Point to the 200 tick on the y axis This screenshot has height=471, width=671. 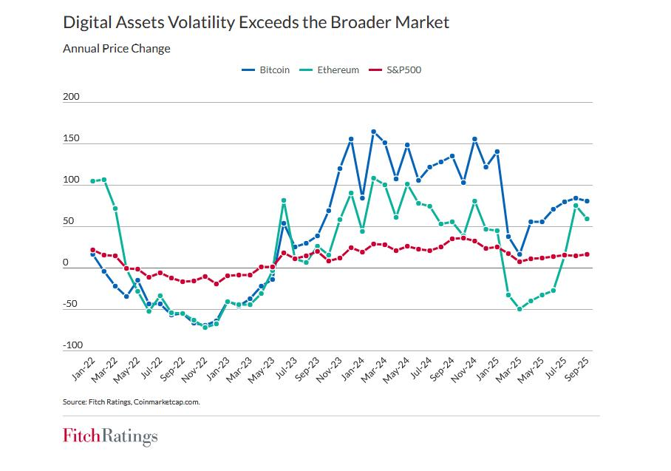pos(71,97)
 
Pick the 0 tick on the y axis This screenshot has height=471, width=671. pos(66,262)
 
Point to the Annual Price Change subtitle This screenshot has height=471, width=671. pos(116,49)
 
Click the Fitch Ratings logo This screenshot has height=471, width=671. pos(110,437)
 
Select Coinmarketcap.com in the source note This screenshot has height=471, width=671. pos(167,402)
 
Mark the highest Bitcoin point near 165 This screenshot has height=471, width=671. pos(373,132)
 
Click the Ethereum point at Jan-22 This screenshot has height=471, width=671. pos(92,181)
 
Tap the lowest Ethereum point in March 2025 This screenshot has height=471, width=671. pos(520,309)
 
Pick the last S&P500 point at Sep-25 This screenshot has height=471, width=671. pos(587,254)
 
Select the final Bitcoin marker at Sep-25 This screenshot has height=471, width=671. pos(587,201)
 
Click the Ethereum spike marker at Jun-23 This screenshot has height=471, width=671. pos(284,200)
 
